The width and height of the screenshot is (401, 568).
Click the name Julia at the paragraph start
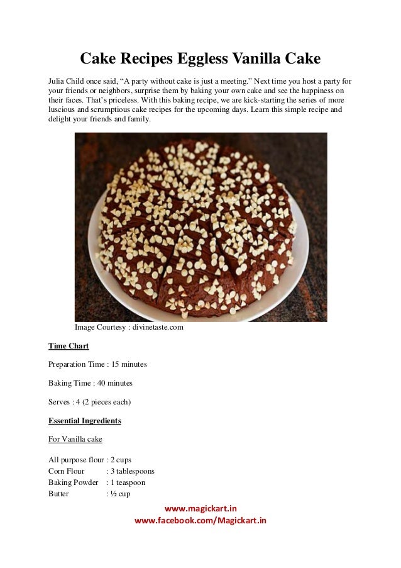(x=58, y=82)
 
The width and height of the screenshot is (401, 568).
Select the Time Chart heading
(x=69, y=346)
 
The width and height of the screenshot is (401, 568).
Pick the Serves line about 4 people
(x=90, y=401)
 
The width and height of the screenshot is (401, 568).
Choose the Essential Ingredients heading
(x=85, y=420)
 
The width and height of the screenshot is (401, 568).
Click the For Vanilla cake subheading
(x=75, y=439)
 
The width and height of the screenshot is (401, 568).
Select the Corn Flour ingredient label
(x=66, y=471)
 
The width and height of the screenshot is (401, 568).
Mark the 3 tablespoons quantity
(x=133, y=471)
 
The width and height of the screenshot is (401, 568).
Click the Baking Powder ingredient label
(x=73, y=482)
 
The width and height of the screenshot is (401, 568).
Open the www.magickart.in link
(x=200, y=508)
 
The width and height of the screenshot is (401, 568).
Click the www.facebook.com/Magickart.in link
(x=200, y=520)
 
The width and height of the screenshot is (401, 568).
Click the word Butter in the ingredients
(x=58, y=494)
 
